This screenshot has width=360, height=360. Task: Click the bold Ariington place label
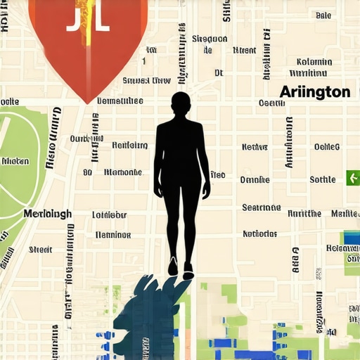point(314,92)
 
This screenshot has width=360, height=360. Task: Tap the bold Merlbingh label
point(47,214)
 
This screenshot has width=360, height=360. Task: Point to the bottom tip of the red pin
point(87,102)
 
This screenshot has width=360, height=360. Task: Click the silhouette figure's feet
point(180,269)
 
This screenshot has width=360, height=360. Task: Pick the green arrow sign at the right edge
point(352,178)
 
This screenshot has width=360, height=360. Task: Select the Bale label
point(323,15)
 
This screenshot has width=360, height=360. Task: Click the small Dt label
point(218,72)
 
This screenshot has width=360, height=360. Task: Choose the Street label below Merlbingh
point(40,250)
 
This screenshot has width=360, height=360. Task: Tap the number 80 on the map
point(87,172)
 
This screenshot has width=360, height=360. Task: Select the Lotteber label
point(109,215)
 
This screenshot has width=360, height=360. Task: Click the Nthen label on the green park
point(15,161)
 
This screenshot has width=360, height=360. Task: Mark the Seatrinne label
point(261,208)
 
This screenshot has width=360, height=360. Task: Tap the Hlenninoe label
point(112,235)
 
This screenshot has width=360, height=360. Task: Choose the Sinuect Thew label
point(146,81)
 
